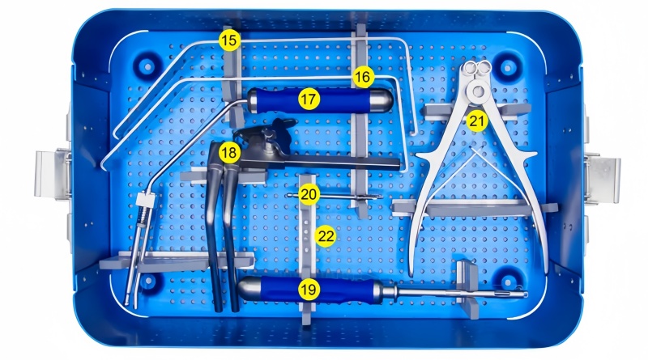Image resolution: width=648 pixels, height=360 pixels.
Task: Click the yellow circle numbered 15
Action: tap(229, 40)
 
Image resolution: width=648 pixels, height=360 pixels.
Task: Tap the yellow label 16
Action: tap(363, 77)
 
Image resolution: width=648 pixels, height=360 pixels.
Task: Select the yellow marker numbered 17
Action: tap(309, 100)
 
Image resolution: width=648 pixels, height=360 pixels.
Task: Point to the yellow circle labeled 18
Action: tap(229, 153)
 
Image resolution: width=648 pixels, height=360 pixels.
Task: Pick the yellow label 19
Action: tap(309, 290)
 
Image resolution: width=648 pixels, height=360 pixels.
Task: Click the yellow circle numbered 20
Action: tap(309, 194)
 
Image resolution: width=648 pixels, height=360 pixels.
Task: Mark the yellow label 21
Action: tap(477, 121)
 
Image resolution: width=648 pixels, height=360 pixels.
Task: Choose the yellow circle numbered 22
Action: tap(326, 236)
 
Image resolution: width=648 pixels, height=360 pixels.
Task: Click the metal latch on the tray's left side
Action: tap(52, 175)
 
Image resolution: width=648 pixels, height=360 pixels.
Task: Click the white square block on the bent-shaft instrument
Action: tap(145, 201)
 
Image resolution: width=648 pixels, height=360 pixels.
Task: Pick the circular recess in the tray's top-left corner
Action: tap(147, 66)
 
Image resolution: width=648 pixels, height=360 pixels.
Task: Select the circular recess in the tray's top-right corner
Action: tap(508, 67)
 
